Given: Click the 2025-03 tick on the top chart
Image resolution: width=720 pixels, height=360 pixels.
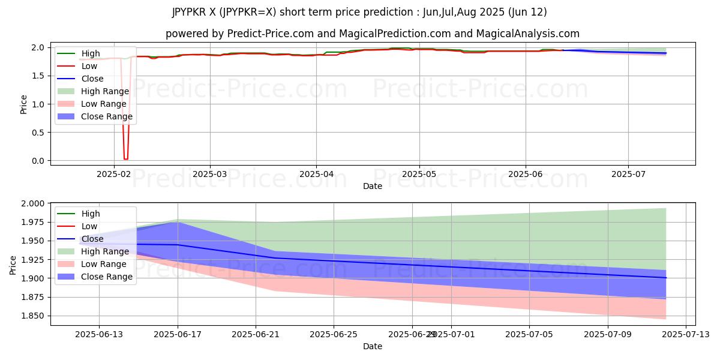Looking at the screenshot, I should point(209,174).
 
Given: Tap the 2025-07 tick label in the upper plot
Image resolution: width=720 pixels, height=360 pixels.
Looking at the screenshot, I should point(628,174).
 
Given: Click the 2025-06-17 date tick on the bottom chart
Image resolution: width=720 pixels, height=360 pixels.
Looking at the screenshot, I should point(178,335).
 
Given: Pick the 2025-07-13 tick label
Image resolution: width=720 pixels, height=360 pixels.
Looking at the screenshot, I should point(686,335).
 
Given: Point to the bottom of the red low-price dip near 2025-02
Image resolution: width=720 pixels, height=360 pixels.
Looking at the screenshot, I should point(125,159).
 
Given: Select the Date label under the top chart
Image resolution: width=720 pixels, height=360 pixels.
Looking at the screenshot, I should point(372,186).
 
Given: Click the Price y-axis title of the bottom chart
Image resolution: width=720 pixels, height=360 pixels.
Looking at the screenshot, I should point(13,265).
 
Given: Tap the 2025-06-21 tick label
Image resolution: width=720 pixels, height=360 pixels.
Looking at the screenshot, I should point(256,335).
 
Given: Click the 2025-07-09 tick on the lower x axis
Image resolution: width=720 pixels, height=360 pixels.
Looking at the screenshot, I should point(607,335).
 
